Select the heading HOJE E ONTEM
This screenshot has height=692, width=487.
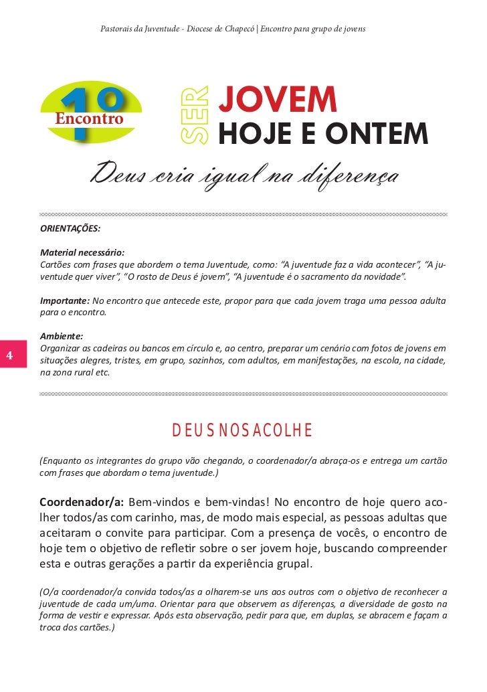click(323, 134)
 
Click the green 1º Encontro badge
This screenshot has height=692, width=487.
click(91, 114)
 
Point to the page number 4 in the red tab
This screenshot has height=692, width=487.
click(10, 355)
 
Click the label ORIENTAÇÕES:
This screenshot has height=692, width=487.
click(70, 228)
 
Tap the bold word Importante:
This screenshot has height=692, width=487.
click(64, 300)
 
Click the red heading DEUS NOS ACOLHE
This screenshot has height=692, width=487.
click(242, 430)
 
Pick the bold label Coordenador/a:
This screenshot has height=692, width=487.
click(81, 503)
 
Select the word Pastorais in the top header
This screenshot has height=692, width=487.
click(116, 29)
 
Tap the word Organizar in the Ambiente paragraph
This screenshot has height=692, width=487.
click(60, 349)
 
